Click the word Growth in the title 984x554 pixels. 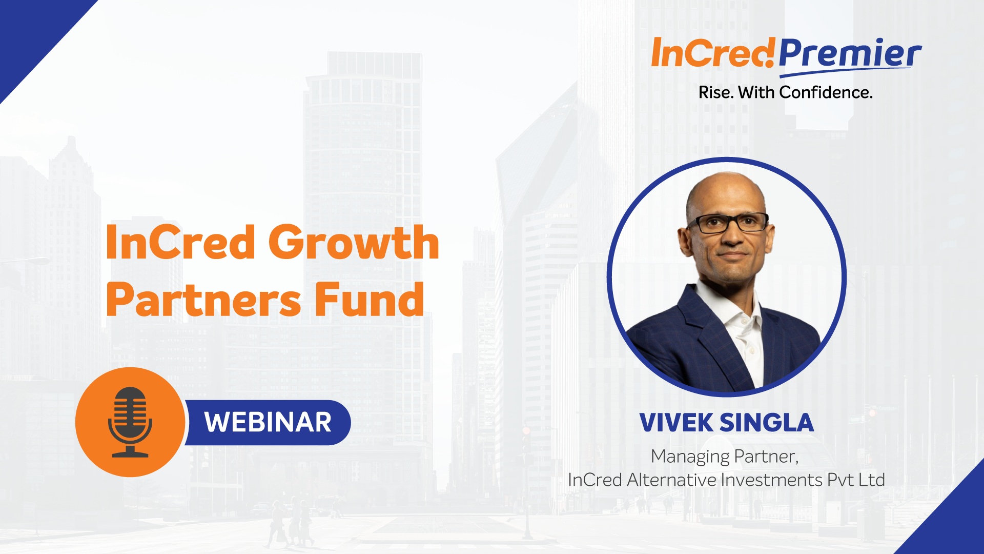[x=354, y=242]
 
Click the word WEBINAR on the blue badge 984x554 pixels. [x=268, y=422]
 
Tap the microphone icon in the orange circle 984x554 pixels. [x=130, y=422]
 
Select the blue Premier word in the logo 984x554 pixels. [x=850, y=54]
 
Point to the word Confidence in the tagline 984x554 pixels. [x=826, y=92]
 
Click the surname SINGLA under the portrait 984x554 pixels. [x=767, y=423]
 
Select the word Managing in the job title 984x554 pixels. [x=690, y=457]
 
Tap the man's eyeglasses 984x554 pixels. [x=728, y=223]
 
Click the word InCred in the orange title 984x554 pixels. [x=180, y=242]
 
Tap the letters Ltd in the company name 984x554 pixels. [x=872, y=480]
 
